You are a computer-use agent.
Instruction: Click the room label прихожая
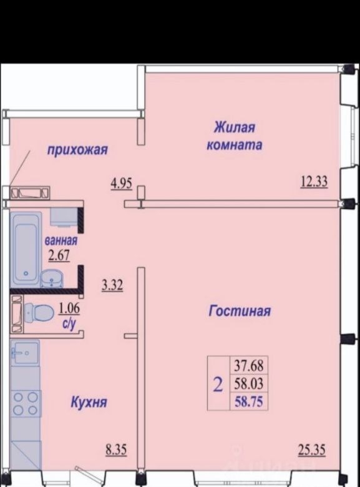click(77, 150)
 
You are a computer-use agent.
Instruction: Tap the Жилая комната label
click(235, 136)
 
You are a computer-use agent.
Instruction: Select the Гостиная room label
click(240, 310)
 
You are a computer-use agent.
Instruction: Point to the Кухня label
click(89, 403)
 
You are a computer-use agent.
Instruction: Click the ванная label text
click(61, 241)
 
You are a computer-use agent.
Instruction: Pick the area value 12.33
click(314, 182)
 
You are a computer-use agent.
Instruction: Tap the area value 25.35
click(312, 449)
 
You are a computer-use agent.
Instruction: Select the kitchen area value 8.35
click(117, 450)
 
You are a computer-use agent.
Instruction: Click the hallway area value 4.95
click(122, 184)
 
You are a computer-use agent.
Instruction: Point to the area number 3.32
click(112, 285)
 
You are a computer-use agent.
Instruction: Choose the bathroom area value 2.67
click(59, 255)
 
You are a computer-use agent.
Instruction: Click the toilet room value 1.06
click(69, 308)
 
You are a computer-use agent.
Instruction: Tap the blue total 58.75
click(249, 401)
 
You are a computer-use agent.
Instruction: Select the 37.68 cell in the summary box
click(249, 365)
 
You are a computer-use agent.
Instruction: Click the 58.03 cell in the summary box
click(249, 383)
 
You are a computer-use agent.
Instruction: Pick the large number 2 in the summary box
click(218, 385)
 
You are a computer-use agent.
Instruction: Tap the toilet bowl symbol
click(38, 313)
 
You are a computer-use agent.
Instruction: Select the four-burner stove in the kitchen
click(26, 403)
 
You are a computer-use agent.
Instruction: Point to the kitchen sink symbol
click(25, 353)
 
